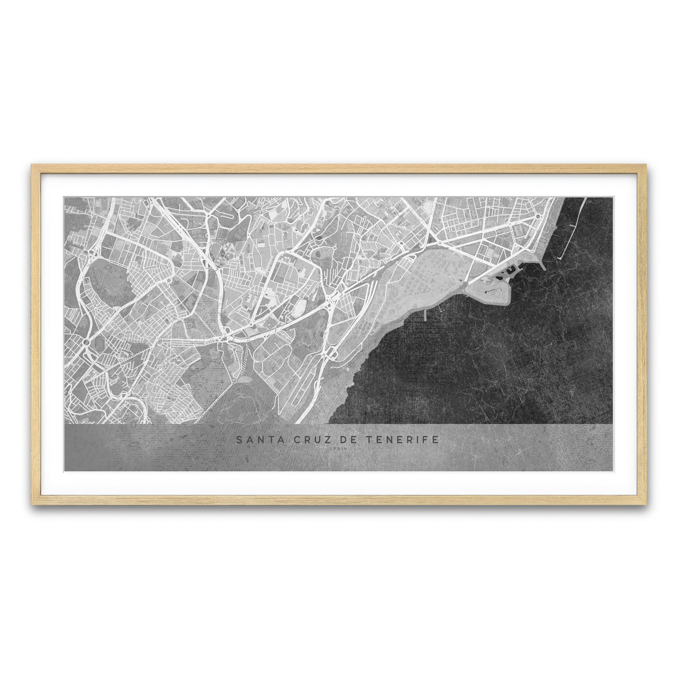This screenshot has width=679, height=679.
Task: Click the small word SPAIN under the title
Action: [338, 449]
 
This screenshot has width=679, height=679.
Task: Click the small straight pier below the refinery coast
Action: [424, 315]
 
